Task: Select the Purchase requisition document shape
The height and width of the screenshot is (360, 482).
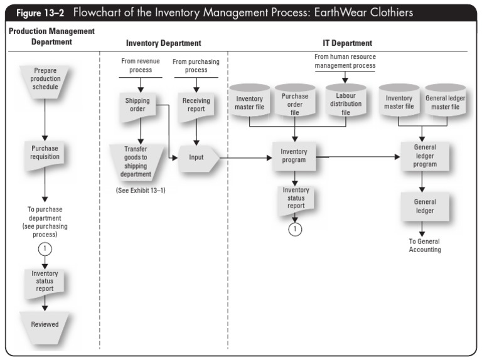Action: [45, 152]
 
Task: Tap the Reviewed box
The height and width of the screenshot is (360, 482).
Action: [45, 324]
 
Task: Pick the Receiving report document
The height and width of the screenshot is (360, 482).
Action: [196, 104]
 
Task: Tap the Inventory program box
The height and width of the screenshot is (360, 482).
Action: [294, 156]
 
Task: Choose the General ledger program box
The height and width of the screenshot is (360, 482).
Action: [425, 156]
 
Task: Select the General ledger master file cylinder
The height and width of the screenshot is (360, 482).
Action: [446, 102]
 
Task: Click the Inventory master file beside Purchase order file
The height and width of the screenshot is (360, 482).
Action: [249, 103]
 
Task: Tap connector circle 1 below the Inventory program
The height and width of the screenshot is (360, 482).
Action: [295, 230]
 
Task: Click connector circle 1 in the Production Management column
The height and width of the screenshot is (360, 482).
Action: [45, 248]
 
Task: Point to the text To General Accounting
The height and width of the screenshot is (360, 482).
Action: [425, 245]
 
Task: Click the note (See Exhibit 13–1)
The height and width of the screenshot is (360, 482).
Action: [136, 190]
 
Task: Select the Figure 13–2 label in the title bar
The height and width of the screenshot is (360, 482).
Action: [40, 13]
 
